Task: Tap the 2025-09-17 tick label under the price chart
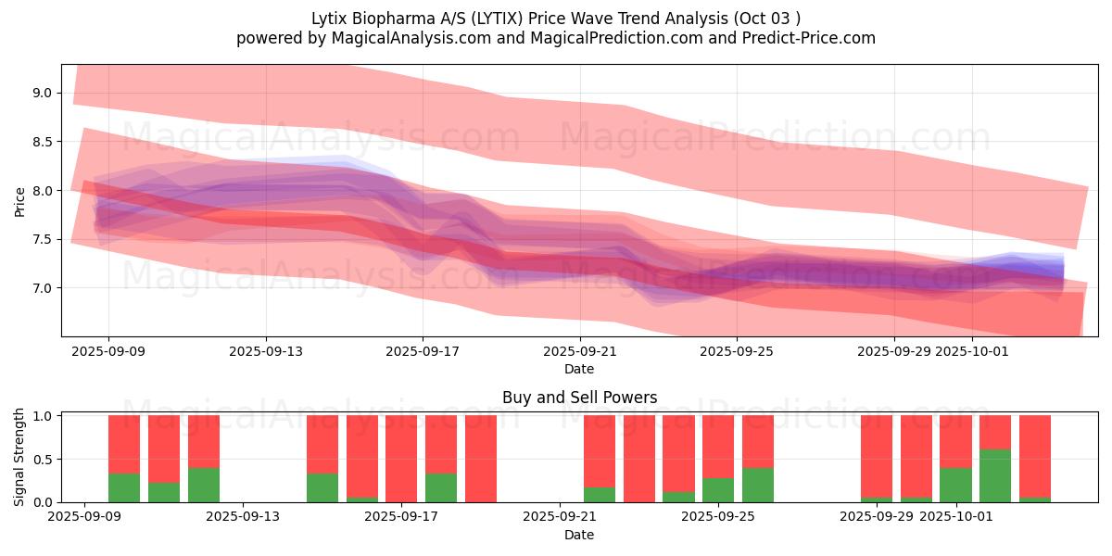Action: coord(423,351)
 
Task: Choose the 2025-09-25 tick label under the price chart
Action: coord(737,351)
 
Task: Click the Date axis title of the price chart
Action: coord(579,369)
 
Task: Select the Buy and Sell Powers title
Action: coord(579,398)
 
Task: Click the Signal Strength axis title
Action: coord(20,458)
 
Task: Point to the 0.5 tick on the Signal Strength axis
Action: coord(44,460)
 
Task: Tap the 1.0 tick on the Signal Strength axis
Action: coord(44,416)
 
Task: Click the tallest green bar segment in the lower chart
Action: coord(995,475)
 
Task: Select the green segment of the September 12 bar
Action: coord(204,485)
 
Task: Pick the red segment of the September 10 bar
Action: coord(124,444)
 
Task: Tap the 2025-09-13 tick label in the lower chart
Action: coord(244,517)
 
